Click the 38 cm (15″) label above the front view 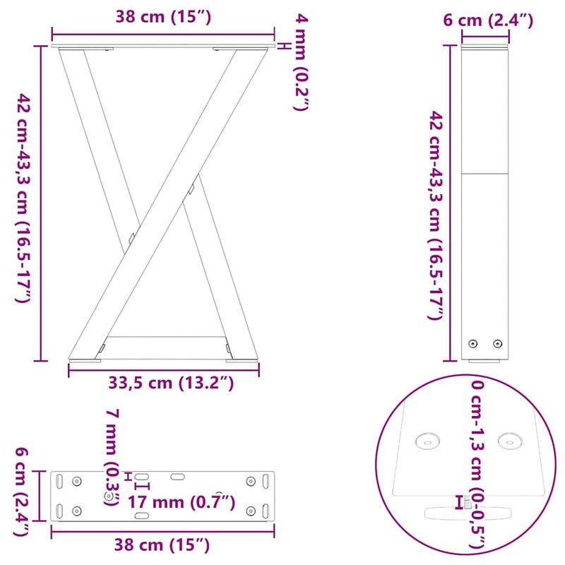[x=164, y=18]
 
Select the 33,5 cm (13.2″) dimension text [x=171, y=383]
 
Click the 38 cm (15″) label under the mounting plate [x=164, y=545]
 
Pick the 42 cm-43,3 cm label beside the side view [x=437, y=215]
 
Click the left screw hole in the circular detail [x=427, y=441]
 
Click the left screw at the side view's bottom [x=473, y=344]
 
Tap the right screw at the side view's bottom [x=497, y=344]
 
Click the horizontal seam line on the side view [x=485, y=174]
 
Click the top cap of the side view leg [x=485, y=47]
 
